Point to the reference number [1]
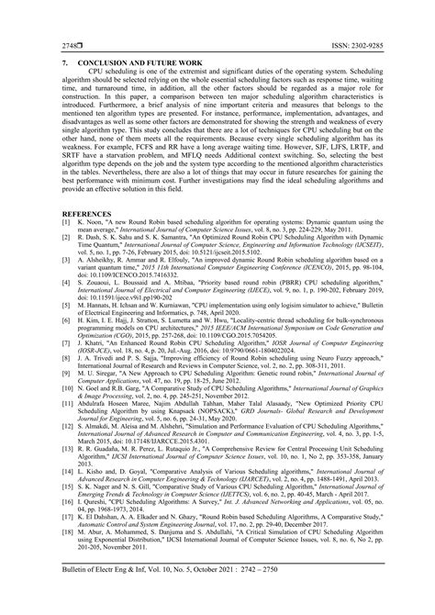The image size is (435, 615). pos(66,249)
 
